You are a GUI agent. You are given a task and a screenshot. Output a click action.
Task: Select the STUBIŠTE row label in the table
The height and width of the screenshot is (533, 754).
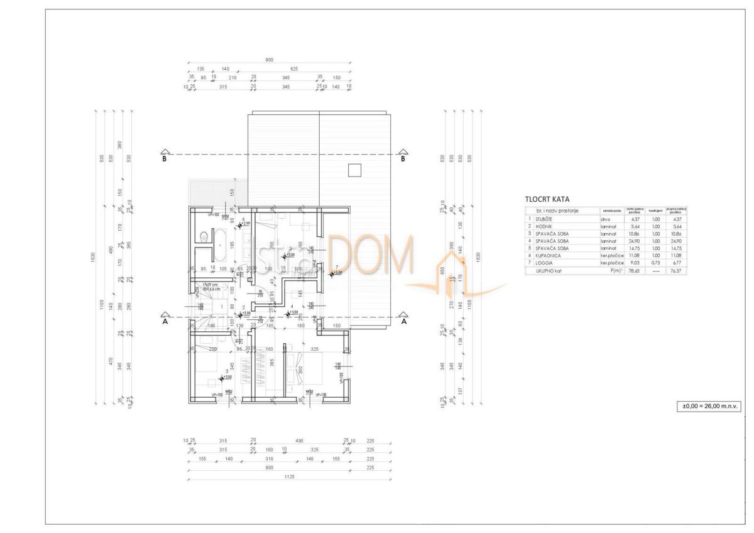coord(544,218)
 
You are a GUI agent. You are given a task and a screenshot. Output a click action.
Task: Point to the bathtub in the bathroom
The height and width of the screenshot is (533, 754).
coord(221,245)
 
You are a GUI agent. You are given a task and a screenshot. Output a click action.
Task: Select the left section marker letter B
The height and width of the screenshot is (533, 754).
coord(165,158)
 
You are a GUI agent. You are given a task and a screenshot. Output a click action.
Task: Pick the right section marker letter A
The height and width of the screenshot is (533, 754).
coord(403,321)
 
